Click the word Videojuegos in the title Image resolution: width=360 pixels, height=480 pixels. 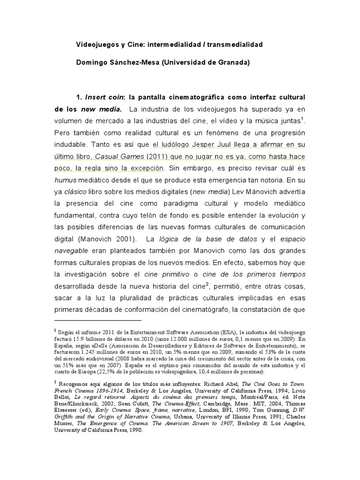click(x=96, y=45)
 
